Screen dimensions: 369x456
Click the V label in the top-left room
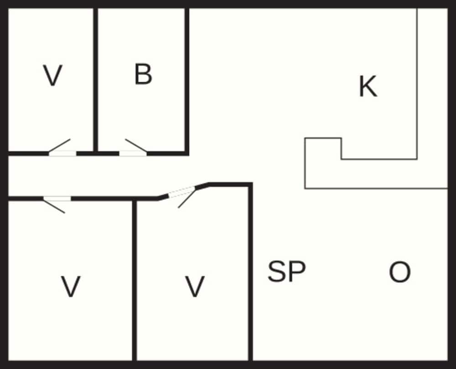point(52,75)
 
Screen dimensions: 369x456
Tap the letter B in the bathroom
point(143,74)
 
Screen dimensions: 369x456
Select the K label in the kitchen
point(368,86)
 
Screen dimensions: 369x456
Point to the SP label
point(286,272)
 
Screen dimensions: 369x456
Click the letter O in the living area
point(399,273)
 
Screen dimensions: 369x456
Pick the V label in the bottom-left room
point(71,287)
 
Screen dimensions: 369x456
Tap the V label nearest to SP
point(195,287)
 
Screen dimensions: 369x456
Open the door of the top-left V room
point(62,153)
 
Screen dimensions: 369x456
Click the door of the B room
point(133,153)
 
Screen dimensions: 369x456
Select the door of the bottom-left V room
point(57,199)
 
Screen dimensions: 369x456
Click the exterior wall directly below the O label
point(399,364)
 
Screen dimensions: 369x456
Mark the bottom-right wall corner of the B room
point(187,153)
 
